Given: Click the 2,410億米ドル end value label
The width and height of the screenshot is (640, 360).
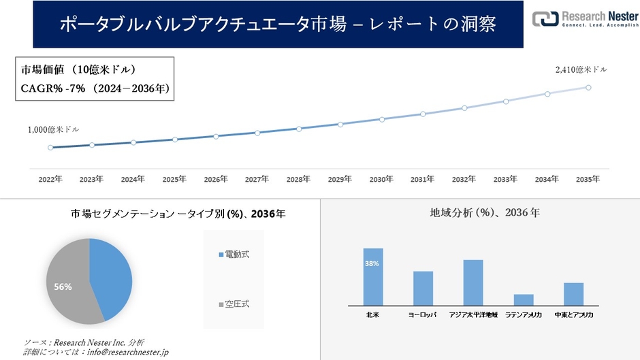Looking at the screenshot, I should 581,69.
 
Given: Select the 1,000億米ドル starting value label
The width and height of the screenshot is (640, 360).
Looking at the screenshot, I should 53,129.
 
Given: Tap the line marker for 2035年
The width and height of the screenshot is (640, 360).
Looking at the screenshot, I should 588,87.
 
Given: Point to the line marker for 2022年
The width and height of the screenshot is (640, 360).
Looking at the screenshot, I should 50,147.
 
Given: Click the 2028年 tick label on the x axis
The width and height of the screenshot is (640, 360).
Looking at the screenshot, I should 298,179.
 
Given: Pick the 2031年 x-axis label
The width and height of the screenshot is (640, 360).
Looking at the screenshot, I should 422,179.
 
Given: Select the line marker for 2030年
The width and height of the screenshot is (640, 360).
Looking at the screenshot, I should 381,119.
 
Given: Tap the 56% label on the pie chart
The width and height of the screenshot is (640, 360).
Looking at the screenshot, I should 63,287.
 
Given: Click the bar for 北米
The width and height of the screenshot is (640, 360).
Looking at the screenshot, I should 373,277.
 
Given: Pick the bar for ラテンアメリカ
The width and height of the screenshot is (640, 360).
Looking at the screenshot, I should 524,299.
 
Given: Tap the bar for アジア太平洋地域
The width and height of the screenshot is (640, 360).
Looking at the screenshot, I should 473,282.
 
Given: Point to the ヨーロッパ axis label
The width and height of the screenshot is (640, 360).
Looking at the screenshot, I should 423,316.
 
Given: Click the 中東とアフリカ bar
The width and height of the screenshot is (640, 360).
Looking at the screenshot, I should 573,294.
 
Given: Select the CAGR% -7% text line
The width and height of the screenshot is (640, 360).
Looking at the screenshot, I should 95,88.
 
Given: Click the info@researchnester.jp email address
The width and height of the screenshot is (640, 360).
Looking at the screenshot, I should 127,352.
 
